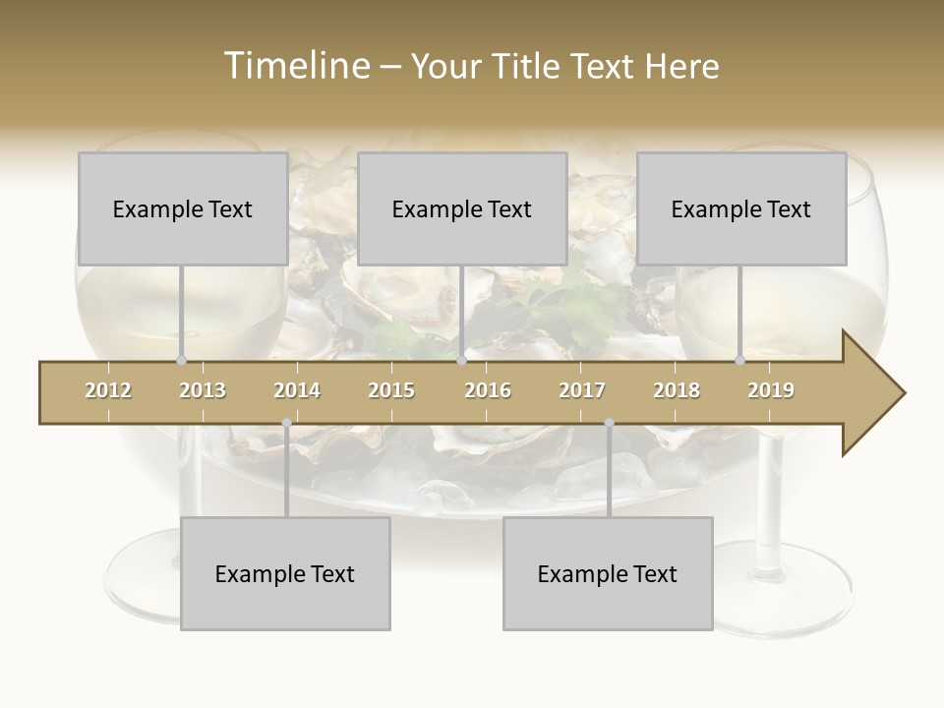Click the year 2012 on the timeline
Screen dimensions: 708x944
(x=108, y=390)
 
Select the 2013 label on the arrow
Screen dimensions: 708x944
(x=203, y=390)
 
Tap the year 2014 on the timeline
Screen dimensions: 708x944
(x=297, y=390)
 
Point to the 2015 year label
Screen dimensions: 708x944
(x=391, y=390)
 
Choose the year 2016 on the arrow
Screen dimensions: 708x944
(x=488, y=390)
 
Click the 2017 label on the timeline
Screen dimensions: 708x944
(x=582, y=390)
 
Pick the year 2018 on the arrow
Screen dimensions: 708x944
(x=677, y=390)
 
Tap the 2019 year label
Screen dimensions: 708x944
(x=771, y=390)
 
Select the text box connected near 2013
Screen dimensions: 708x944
(x=183, y=208)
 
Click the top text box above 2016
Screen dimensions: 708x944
(x=462, y=208)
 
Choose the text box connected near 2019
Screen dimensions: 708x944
(x=741, y=208)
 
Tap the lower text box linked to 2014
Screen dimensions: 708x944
(x=285, y=573)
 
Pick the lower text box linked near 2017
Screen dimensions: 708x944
(x=608, y=573)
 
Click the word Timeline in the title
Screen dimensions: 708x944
(x=295, y=66)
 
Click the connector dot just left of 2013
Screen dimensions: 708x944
(x=181, y=361)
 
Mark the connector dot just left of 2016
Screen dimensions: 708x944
(x=461, y=361)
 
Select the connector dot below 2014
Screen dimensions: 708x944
(x=286, y=423)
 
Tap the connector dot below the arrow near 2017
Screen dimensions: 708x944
(x=609, y=423)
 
